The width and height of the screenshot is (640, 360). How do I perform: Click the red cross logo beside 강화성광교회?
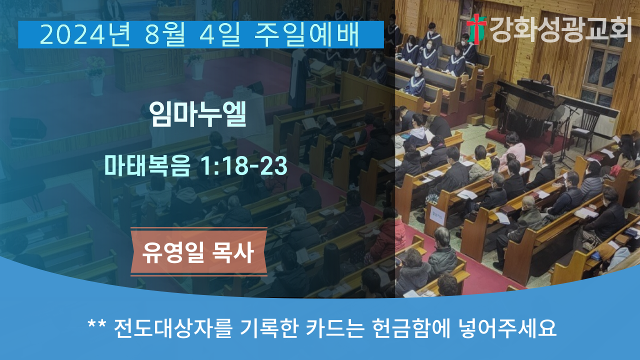[476, 29]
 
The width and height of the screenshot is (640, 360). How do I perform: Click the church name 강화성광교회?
[560, 29]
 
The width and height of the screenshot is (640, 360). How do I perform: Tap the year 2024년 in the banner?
[85, 34]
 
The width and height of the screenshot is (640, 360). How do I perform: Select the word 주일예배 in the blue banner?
[306, 34]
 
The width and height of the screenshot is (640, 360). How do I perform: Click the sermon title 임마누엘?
[197, 114]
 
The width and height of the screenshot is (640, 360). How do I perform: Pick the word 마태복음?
[147, 165]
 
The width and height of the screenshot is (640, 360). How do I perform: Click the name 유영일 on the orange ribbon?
[173, 252]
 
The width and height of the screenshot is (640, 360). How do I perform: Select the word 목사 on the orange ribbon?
[232, 252]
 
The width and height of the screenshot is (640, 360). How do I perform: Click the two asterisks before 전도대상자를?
[97, 324]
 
